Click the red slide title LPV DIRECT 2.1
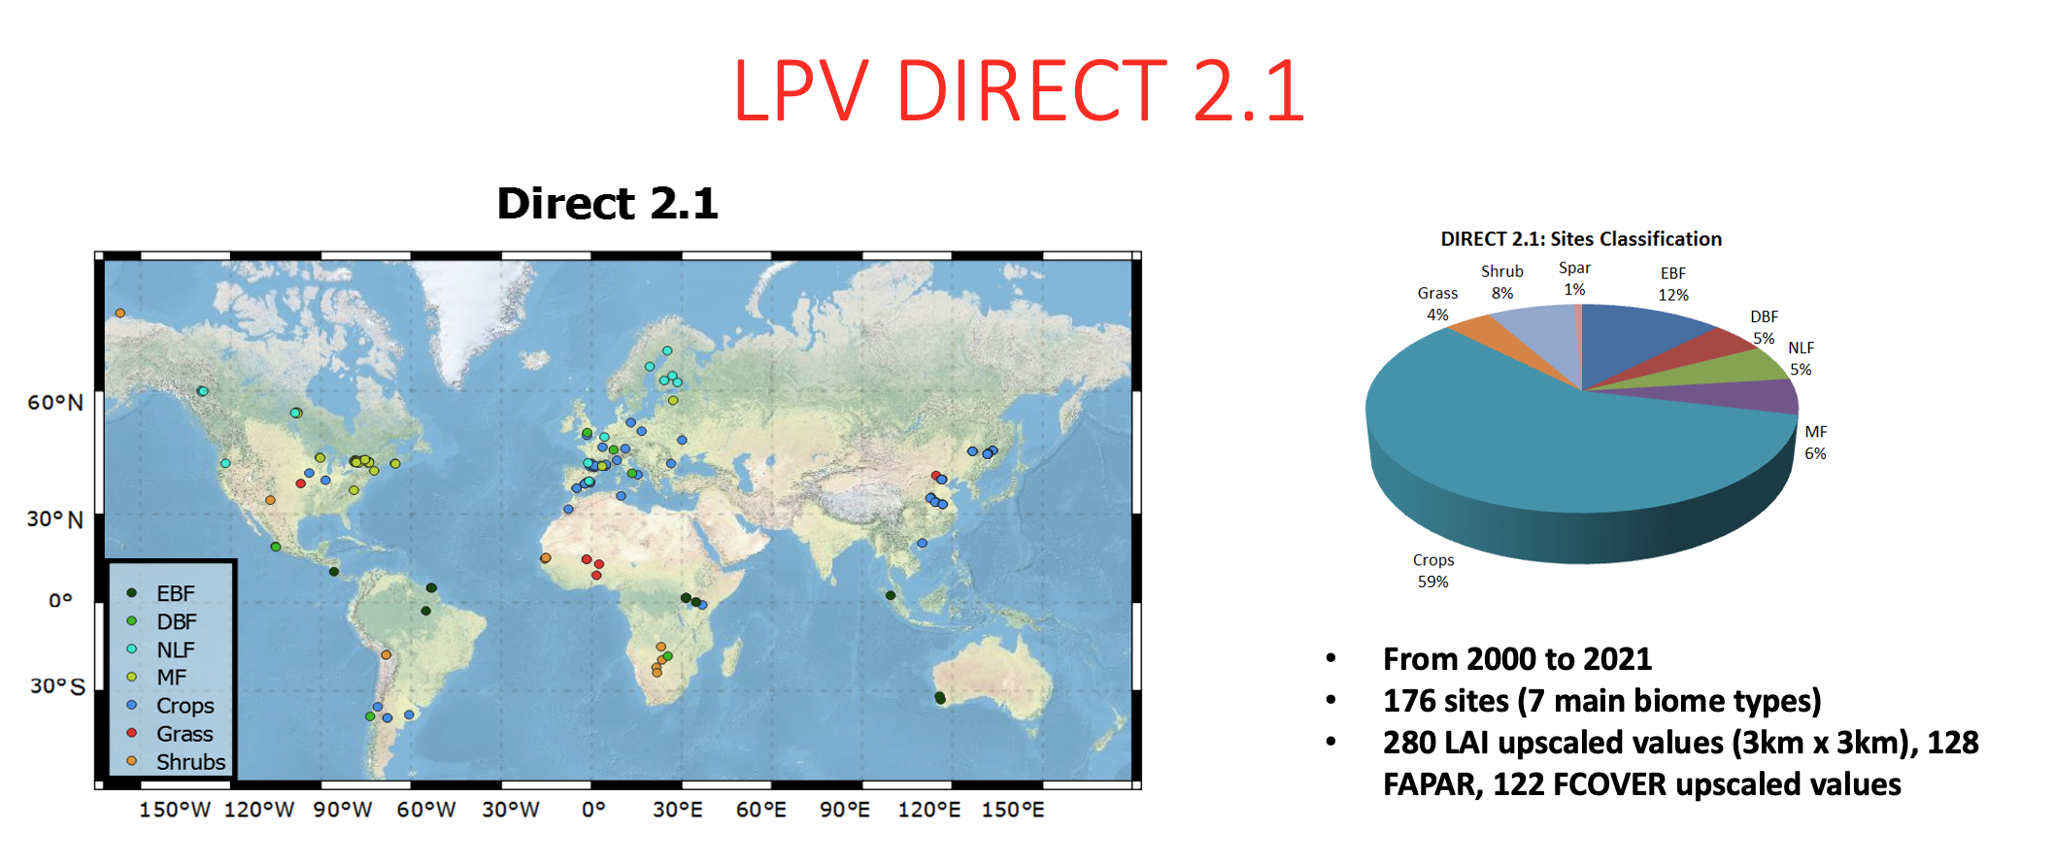(x=1019, y=90)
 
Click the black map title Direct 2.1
(x=607, y=204)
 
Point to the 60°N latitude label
(x=55, y=403)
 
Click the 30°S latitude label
(x=57, y=686)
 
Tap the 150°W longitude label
(x=175, y=810)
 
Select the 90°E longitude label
(x=845, y=810)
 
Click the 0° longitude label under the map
(x=593, y=810)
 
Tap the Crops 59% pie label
(x=1433, y=571)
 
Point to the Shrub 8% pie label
(x=1502, y=283)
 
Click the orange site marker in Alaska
(x=120, y=314)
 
